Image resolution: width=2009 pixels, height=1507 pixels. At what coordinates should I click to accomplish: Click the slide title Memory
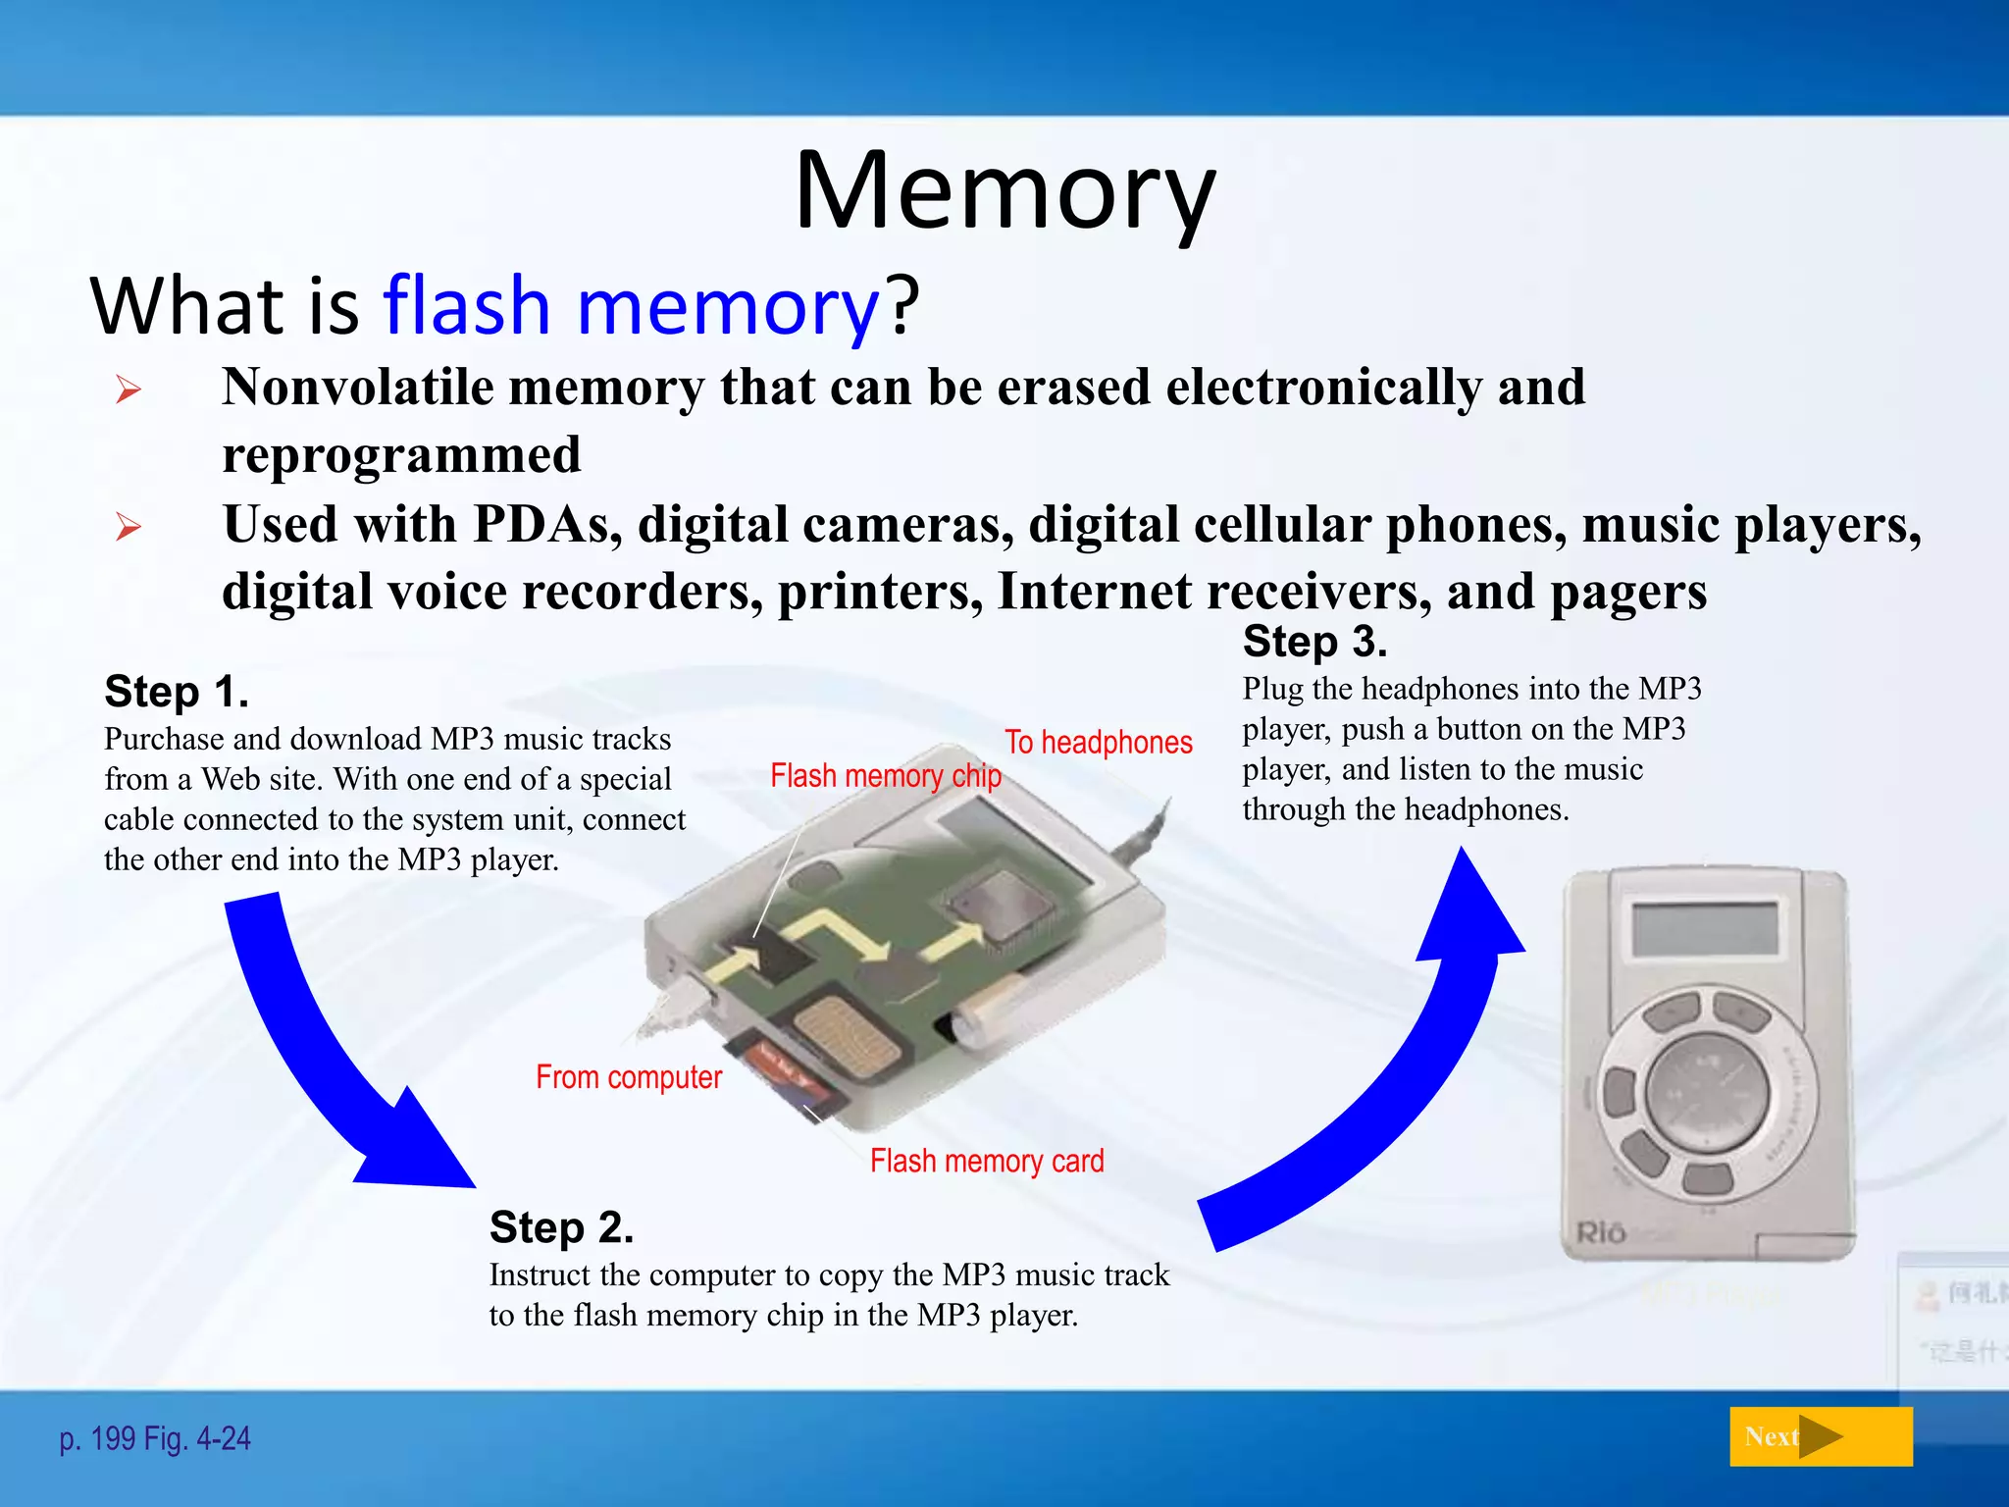click(x=1004, y=191)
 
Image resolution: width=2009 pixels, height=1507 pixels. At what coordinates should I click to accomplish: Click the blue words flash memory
click(x=630, y=306)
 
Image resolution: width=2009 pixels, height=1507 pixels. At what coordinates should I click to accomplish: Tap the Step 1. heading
click(x=177, y=692)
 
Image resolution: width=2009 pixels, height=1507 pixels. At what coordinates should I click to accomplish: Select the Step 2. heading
click(x=561, y=1227)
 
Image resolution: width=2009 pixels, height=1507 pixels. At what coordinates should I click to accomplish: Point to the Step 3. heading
click(x=1314, y=643)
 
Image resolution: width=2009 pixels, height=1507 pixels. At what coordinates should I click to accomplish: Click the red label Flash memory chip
click(x=885, y=776)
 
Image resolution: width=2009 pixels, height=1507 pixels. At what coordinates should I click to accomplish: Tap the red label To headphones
click(x=1098, y=743)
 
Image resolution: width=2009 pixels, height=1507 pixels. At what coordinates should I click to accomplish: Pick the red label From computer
click(x=628, y=1077)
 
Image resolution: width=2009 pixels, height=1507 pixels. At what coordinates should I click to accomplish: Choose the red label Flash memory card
click(x=986, y=1162)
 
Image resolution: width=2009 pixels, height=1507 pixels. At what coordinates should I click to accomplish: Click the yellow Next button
click(x=1820, y=1436)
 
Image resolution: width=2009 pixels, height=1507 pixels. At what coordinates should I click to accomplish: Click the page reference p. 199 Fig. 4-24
click(x=155, y=1439)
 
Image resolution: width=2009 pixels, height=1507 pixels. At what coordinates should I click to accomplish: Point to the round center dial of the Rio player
click(x=1706, y=1090)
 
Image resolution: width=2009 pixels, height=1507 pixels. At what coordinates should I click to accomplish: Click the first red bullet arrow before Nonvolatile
click(x=129, y=390)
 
